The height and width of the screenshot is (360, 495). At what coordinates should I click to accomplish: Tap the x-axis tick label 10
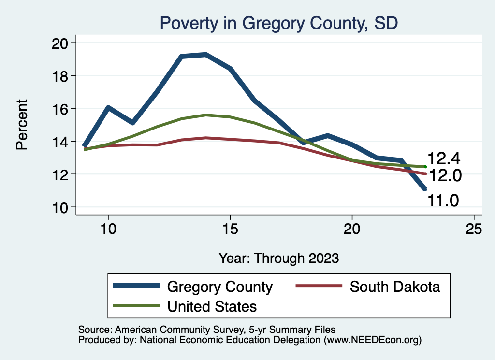[108, 229]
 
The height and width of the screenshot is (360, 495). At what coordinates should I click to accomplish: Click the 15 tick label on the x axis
[230, 229]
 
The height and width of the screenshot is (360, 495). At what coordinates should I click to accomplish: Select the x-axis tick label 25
[474, 229]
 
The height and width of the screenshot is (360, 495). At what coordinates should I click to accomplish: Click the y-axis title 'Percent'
[22, 124]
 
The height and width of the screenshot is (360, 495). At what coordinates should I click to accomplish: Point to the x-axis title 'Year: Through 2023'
[278, 258]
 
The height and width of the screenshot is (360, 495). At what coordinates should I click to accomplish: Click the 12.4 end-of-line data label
[443, 158]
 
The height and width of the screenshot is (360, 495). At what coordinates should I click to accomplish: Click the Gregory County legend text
[220, 287]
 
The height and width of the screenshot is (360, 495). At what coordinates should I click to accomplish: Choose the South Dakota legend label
[395, 287]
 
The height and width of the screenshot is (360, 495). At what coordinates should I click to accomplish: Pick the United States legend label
[212, 306]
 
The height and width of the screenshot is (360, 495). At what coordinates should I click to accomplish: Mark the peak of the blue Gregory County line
[206, 55]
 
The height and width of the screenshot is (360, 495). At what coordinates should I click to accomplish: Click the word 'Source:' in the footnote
[95, 329]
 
